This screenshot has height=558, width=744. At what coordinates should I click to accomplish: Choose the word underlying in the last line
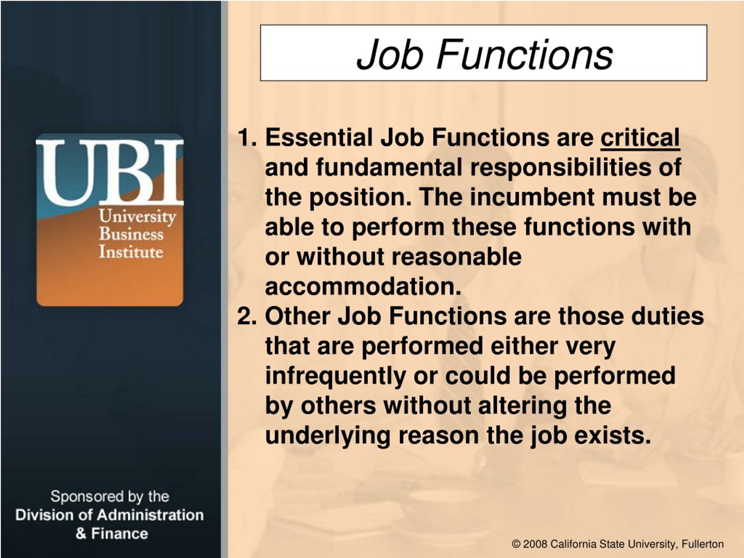coord(328,436)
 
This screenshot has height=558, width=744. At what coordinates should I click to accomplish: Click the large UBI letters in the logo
coord(110,172)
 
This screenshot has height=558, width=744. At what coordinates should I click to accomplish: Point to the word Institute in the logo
coord(131,252)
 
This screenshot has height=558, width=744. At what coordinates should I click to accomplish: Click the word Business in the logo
coord(131,234)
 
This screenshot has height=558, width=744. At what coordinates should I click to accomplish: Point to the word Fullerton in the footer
coord(703,544)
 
